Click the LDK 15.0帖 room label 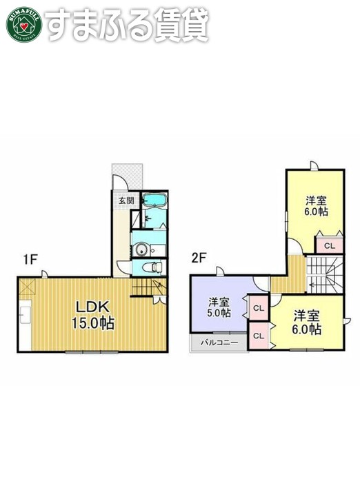91,314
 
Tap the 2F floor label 199,260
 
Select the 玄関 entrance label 126,201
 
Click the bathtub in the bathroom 154,201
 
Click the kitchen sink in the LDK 25,316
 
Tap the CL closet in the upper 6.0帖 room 329,245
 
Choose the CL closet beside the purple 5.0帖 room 258,309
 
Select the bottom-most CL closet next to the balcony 258,336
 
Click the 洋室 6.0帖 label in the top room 317,207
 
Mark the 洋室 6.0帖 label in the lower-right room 306,323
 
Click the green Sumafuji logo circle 24,24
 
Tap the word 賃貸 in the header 182,25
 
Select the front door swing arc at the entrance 121,181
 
